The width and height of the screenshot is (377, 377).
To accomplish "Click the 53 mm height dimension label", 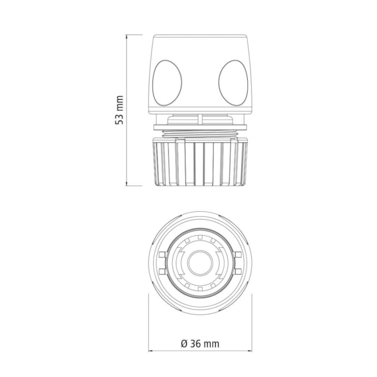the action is point(119,110).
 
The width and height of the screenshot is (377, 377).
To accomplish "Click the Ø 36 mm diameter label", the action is point(200,344).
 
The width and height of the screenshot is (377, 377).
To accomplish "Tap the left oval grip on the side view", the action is point(167,83).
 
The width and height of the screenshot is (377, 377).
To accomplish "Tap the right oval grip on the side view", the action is point(233,83).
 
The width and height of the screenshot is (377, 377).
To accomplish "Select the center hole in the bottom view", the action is point(200,263).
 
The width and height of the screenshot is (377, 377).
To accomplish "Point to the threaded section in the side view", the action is point(200,133).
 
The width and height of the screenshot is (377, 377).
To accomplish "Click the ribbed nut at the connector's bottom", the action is point(200,162).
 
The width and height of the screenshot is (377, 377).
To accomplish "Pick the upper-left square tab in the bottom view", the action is point(163,255).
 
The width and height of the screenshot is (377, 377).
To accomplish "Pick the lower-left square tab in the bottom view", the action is point(163,271).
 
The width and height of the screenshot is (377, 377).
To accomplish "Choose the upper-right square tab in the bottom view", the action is point(238,255).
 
